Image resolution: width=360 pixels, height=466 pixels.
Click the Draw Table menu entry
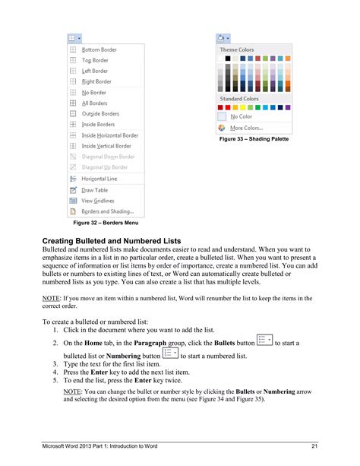(94, 190)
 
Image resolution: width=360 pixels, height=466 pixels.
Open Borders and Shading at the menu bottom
(107, 211)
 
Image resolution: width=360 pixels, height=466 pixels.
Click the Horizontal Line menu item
(99, 178)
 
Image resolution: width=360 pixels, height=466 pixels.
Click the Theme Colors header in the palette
(237, 49)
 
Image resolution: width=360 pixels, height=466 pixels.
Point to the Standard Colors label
(239, 99)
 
